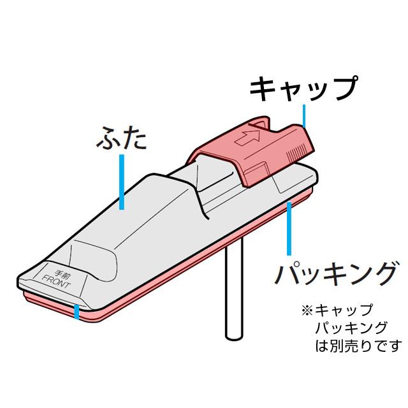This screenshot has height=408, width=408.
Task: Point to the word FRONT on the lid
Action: point(59,279)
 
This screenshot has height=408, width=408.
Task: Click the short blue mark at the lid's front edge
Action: point(77,312)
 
